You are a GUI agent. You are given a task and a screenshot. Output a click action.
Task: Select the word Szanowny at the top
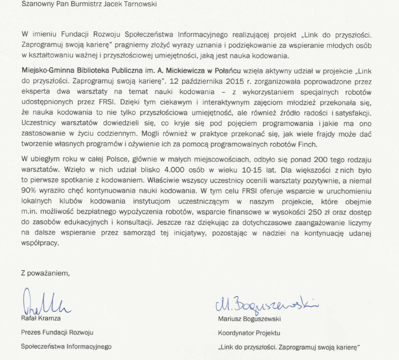point(36,5)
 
